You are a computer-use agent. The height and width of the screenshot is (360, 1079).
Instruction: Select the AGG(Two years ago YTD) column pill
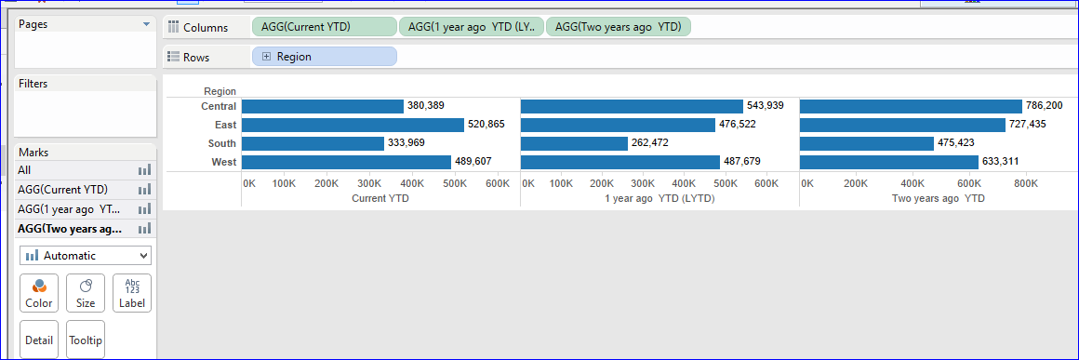(618, 27)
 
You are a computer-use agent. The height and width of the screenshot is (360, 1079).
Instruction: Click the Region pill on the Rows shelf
(324, 57)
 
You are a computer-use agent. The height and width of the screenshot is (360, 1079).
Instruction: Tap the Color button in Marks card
(39, 292)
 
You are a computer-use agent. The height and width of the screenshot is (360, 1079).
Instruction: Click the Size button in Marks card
(86, 292)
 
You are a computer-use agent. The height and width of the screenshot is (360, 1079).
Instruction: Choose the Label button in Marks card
(132, 292)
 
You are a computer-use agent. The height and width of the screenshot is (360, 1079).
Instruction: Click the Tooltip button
(86, 340)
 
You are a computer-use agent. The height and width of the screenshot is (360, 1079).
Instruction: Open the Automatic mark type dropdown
(85, 255)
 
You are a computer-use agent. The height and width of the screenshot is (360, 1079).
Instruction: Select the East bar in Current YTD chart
(353, 125)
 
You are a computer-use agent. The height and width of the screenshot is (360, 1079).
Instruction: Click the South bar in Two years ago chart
(866, 143)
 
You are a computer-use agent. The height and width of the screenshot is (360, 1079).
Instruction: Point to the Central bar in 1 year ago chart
(632, 106)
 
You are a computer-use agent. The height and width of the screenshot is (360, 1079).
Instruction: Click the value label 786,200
(1046, 106)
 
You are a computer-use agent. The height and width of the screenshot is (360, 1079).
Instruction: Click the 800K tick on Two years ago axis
(1025, 184)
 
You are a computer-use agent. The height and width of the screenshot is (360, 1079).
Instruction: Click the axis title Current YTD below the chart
(380, 198)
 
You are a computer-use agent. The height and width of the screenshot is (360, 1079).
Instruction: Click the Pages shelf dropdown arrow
(145, 24)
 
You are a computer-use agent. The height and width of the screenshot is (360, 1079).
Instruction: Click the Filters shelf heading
(33, 84)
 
